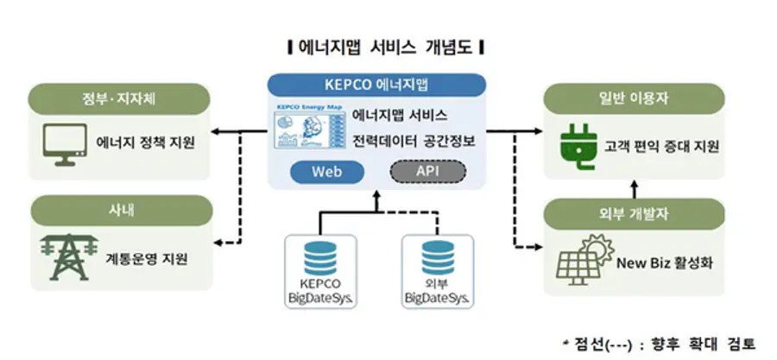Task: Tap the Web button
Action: click(326, 171)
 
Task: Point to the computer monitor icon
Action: click(65, 142)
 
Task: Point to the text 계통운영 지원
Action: click(142, 258)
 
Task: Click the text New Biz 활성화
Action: click(661, 259)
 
